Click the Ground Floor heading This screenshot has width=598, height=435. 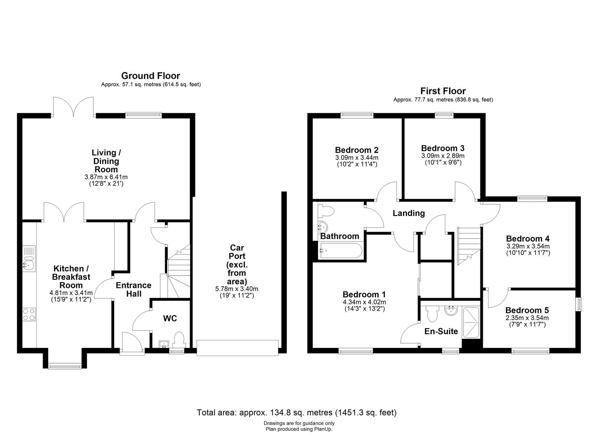(150, 76)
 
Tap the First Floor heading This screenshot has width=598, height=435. (443, 91)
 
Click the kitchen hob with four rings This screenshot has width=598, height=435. (29, 314)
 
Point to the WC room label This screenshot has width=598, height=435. (170, 319)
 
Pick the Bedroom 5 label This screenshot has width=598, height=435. (527, 310)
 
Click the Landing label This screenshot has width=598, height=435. (409, 213)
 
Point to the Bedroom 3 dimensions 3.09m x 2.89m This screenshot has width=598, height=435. (443, 156)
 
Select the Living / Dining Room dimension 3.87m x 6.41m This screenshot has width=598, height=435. (106, 177)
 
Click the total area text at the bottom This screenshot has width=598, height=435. (297, 412)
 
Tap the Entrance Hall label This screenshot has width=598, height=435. (134, 290)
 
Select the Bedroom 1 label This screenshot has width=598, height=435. (364, 294)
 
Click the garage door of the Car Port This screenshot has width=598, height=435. (237, 347)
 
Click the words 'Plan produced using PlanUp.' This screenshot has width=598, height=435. (299, 429)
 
